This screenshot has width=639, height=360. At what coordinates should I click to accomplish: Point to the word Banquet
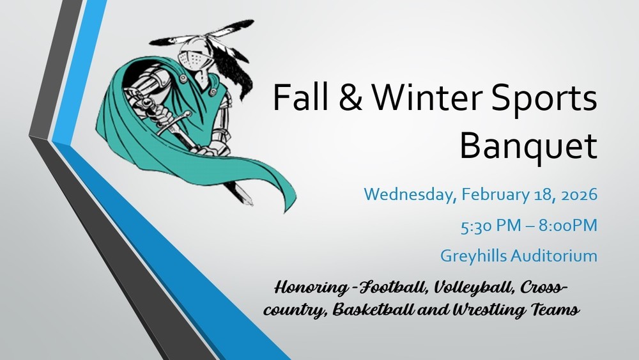528,146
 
